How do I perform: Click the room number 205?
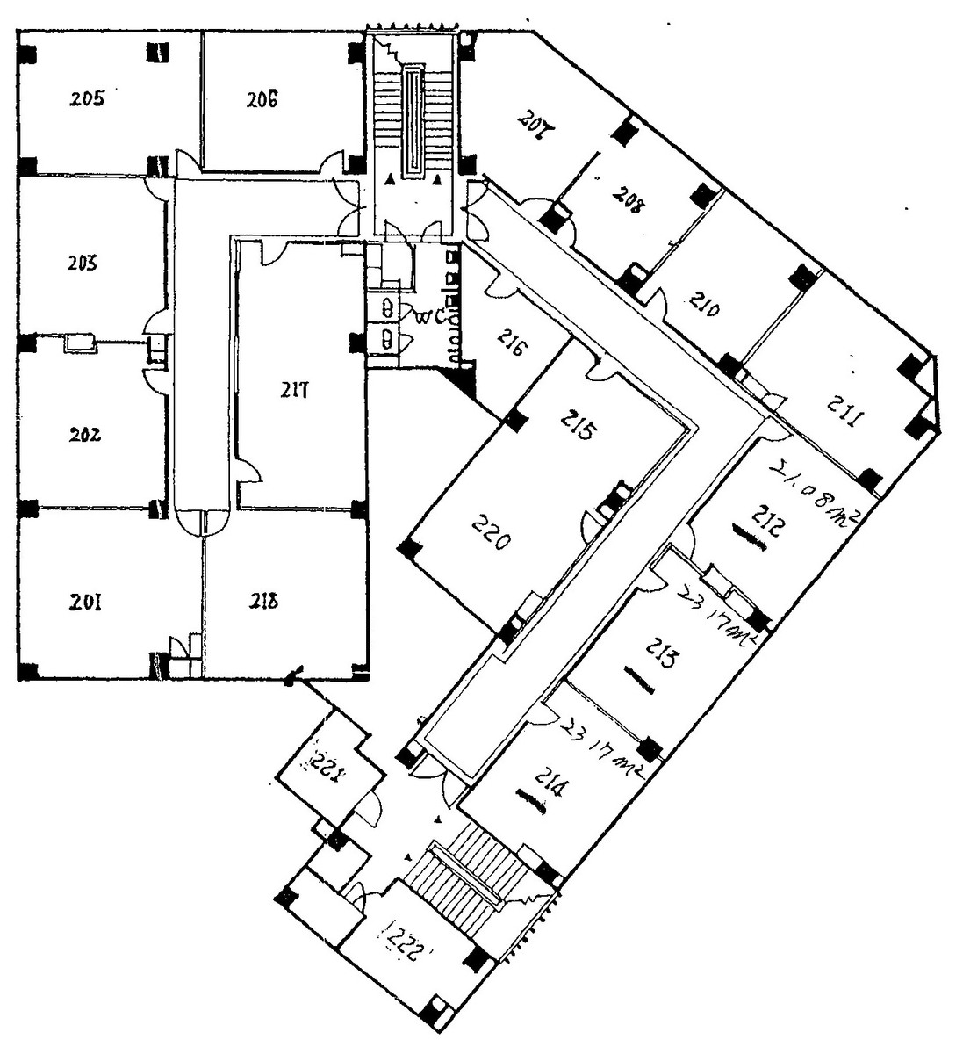point(89,97)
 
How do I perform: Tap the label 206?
point(262,98)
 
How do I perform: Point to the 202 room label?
point(86,434)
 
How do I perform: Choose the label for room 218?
point(262,601)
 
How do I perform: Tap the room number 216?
point(512,343)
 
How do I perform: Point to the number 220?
point(490,532)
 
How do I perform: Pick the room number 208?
point(629,201)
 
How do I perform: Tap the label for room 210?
point(705,307)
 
